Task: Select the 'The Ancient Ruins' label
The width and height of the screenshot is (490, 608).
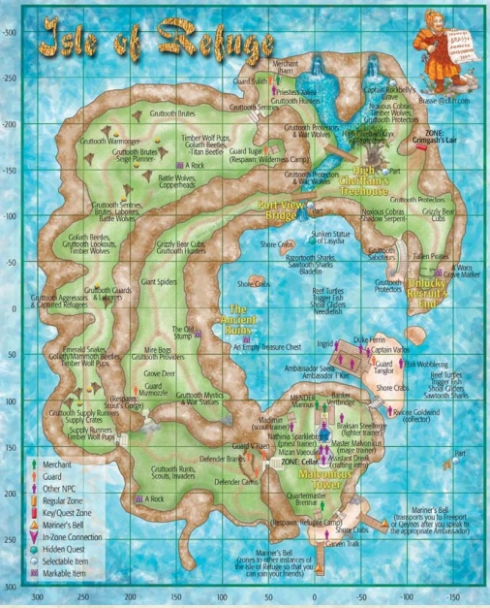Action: pyautogui.click(x=238, y=321)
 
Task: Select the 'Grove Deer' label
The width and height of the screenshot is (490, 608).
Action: pyautogui.click(x=161, y=372)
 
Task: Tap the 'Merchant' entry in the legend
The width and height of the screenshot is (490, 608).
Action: pyautogui.click(x=57, y=464)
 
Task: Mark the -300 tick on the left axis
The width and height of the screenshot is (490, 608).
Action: pyautogui.click(x=12, y=33)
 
